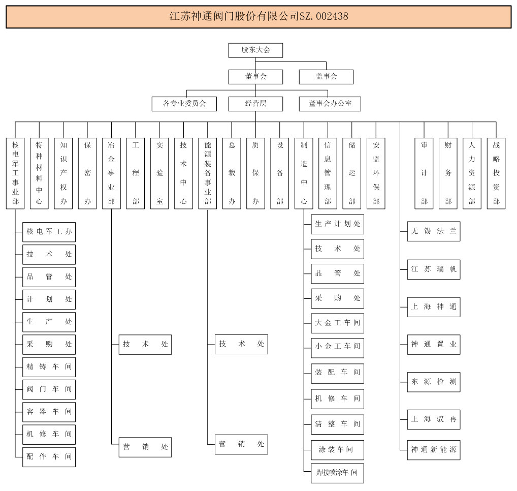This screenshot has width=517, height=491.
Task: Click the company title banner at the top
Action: pos(258,16)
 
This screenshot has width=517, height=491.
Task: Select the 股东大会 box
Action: pos(255,50)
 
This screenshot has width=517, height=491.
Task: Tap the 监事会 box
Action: pos(326,77)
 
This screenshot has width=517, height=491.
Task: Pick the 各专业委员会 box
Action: pos(184,104)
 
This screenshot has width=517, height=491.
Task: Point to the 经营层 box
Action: pos(255,104)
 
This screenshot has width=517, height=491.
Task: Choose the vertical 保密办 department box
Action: pos(87,173)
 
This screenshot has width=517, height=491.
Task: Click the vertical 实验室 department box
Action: pos(159,173)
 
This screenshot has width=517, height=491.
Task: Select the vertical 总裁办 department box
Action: pos(232,173)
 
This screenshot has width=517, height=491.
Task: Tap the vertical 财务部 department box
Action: pos(448,173)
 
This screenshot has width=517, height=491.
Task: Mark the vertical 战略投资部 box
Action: pos(496,173)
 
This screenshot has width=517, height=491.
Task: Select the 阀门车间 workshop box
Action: pos(49,389)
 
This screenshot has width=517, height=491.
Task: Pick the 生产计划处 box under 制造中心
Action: pos(338,224)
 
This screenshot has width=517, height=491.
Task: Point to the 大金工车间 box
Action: pos(338,323)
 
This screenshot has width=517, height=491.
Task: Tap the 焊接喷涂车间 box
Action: pos(338,473)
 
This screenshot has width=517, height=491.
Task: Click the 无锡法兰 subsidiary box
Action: pos(434,231)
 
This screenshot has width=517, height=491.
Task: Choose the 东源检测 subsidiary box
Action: pos(434,381)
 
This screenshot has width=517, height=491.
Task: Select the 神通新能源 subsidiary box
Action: pos(434,450)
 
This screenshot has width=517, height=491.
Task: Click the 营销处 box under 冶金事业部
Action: pos(145,447)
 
